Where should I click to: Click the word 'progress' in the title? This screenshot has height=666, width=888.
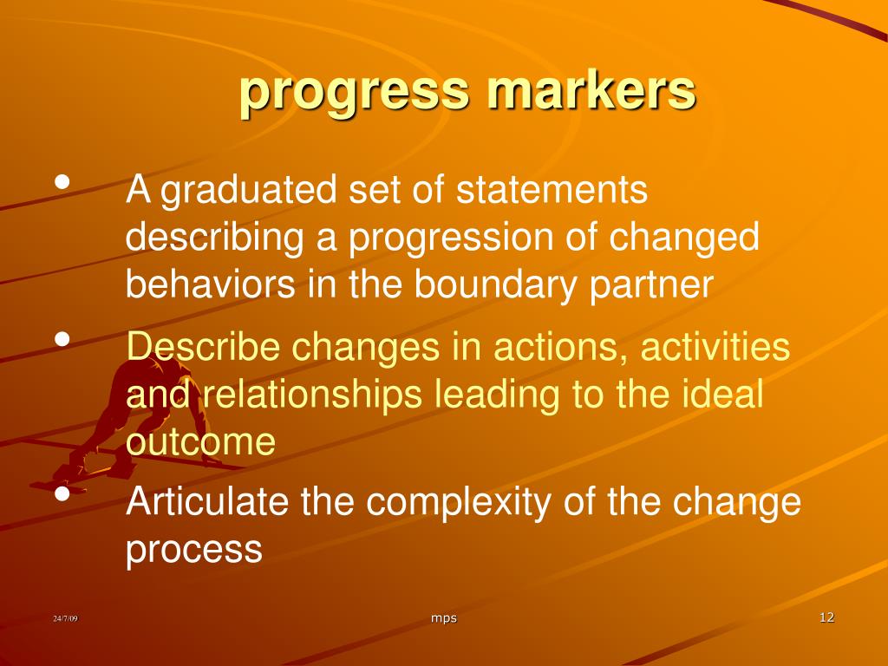coord(355,94)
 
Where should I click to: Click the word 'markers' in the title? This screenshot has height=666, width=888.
coord(591,89)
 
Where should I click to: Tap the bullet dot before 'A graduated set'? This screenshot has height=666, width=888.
coord(62,182)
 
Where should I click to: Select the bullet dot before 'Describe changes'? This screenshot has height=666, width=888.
coord(62,339)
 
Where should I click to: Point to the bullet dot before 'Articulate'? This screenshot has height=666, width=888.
coord(62,493)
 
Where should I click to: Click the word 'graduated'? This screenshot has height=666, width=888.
coord(249,191)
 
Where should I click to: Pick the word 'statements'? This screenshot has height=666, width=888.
coord(552,190)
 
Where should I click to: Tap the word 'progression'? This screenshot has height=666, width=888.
coord(451,238)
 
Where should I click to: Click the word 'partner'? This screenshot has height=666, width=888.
coord(650,286)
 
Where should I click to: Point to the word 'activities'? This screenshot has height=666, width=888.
coord(715,346)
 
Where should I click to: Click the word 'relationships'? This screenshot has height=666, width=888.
coord(312,395)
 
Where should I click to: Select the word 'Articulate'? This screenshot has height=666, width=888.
coord(207,501)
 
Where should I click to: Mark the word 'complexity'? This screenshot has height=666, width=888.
coord(458,504)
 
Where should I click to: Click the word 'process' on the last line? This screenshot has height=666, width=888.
coord(193,550)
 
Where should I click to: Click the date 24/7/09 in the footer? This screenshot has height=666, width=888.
coord(65,618)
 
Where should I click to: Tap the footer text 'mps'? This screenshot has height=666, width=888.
coord(443,618)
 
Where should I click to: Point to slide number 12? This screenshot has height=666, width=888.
coord(826,617)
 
